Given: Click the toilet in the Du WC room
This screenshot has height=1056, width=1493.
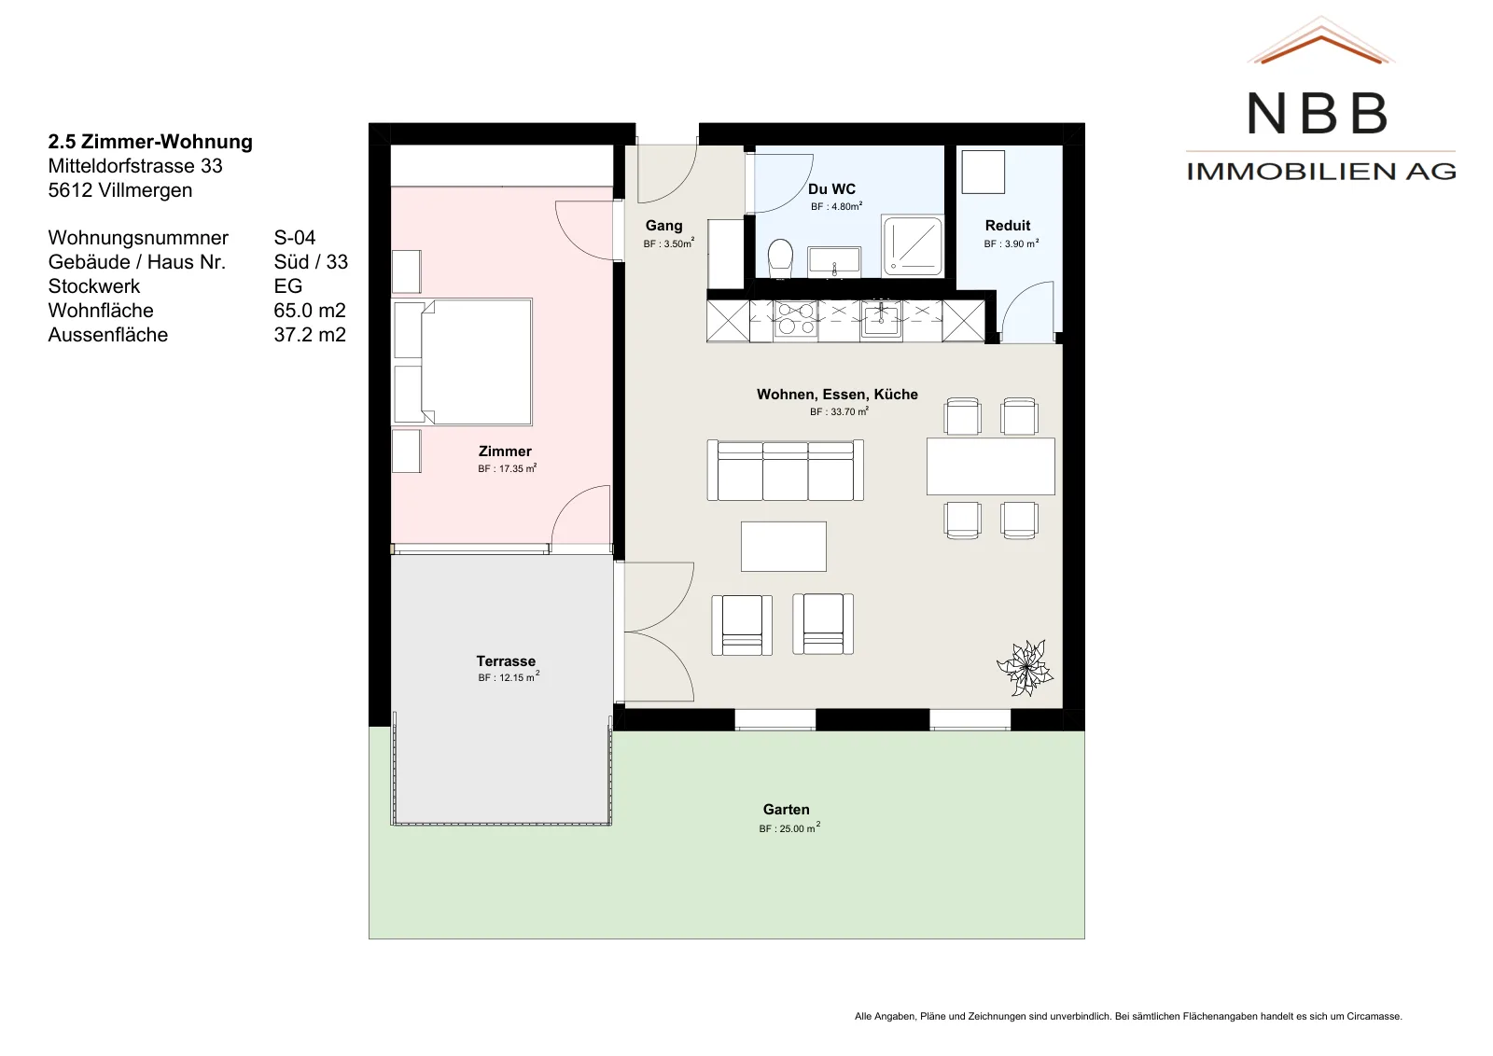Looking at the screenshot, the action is [780, 258].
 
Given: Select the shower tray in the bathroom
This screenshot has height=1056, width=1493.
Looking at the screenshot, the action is [913, 245].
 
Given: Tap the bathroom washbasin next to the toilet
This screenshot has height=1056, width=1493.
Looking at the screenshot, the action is [834, 261].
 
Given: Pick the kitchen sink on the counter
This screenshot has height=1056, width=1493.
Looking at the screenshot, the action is [881, 319].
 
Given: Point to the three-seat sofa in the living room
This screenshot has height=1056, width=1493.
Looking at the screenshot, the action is [785, 470].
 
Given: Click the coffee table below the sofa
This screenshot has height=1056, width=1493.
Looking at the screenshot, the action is [783, 547].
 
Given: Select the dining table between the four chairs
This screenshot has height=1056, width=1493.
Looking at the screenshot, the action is [990, 466].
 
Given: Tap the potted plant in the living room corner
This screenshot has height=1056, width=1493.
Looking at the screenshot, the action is [1025, 668].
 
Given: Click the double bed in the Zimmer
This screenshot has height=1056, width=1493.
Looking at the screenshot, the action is [476, 362].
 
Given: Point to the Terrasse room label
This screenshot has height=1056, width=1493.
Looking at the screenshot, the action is [506, 660].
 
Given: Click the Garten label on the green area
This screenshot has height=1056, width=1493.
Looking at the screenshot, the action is [787, 810].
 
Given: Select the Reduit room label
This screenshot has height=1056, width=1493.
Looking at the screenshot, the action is [1008, 225].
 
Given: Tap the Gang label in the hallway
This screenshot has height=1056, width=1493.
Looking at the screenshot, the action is [663, 226].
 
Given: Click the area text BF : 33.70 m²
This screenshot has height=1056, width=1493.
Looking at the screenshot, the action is [839, 411].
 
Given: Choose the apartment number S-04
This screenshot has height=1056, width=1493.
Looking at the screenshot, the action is [295, 237].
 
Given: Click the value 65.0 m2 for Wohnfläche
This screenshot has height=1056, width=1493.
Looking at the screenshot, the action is [310, 310].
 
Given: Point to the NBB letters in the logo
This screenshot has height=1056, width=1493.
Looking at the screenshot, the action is [1318, 113].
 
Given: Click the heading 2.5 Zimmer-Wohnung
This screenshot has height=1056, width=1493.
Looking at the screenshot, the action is [150, 141].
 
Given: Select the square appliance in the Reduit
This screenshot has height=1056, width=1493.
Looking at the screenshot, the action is [984, 172].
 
